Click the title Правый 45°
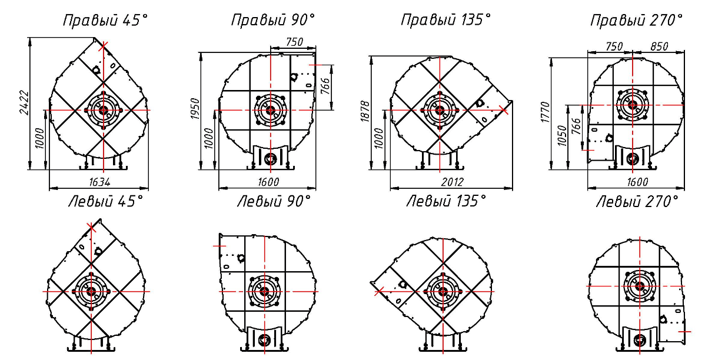click(x=105, y=20)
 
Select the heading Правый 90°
click(x=274, y=20)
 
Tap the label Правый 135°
click(x=446, y=20)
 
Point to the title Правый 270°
click(x=637, y=20)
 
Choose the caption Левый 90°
click(x=274, y=201)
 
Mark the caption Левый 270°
click(x=637, y=201)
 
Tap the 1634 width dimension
click(x=99, y=182)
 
